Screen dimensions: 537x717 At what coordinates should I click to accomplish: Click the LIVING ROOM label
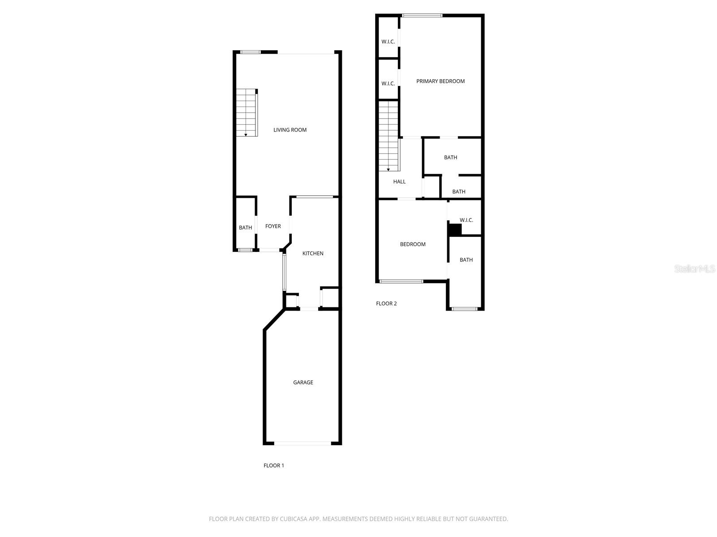pyautogui.click(x=290, y=130)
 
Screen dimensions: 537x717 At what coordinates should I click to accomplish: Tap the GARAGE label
pyautogui.click(x=303, y=382)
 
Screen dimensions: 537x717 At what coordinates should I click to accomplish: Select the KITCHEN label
pyautogui.click(x=313, y=253)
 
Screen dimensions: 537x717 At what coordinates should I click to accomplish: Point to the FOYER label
pyautogui.click(x=273, y=226)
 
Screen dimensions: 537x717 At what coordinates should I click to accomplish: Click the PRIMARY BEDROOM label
pyautogui.click(x=440, y=81)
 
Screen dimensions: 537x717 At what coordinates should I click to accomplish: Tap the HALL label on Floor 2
pyautogui.click(x=399, y=181)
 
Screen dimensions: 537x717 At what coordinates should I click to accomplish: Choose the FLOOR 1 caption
pyautogui.click(x=273, y=465)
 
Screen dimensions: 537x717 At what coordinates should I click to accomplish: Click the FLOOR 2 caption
pyautogui.click(x=386, y=303)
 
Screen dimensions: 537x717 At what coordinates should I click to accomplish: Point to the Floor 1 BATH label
pyautogui.click(x=245, y=227)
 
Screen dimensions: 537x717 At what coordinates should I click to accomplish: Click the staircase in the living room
pyautogui.click(x=246, y=112)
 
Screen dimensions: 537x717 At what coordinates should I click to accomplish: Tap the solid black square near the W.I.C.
pyautogui.click(x=455, y=230)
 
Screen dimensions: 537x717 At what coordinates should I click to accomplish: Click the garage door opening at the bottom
pyautogui.click(x=302, y=443)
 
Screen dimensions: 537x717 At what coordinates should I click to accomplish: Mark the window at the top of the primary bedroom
pyautogui.click(x=422, y=16)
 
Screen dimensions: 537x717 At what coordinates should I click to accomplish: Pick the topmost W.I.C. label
pyautogui.click(x=388, y=42)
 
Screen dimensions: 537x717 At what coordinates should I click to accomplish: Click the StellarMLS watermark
pyautogui.click(x=695, y=268)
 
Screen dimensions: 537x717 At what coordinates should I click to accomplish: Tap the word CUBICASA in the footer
pyautogui.click(x=294, y=519)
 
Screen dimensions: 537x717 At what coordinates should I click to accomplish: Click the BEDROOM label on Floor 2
pyautogui.click(x=413, y=244)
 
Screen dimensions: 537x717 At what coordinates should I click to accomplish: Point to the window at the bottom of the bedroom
pyautogui.click(x=401, y=281)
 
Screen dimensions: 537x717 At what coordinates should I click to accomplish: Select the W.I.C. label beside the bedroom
pyautogui.click(x=466, y=220)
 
